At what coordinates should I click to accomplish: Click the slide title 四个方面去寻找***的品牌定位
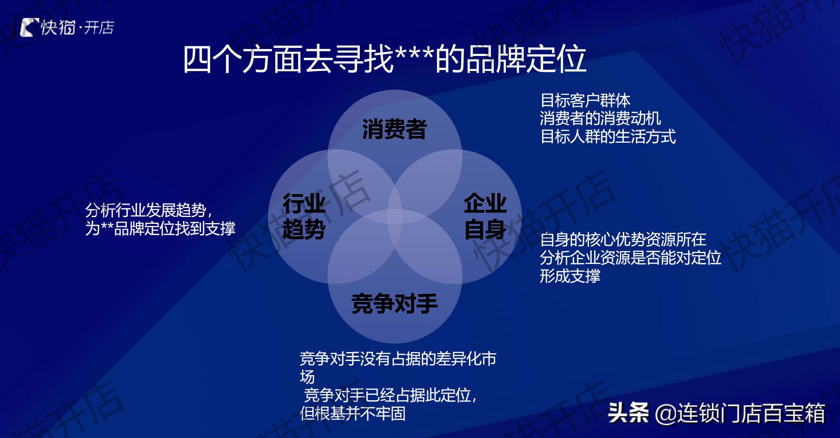tap(384, 60)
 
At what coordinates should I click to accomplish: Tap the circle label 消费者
tap(394, 129)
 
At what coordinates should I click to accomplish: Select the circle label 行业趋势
tap(304, 216)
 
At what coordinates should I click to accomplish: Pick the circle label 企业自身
tap(485, 216)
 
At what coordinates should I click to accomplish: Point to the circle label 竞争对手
tap(394, 304)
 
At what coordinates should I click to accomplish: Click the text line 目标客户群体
tap(585, 100)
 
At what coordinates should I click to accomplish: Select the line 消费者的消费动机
tap(600, 118)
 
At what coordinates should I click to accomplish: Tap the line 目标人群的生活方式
tap(608, 137)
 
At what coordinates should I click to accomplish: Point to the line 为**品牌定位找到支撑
tap(160, 228)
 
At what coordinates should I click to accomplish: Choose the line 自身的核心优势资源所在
tap(623, 239)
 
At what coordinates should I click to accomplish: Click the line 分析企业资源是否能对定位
tap(630, 258)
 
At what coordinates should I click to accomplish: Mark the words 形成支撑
tap(570, 276)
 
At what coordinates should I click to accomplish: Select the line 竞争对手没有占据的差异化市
tap(397, 359)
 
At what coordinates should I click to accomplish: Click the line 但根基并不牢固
tap(352, 413)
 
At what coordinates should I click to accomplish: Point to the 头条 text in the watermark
tap(628, 413)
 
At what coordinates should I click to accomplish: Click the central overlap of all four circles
tap(395, 216)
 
